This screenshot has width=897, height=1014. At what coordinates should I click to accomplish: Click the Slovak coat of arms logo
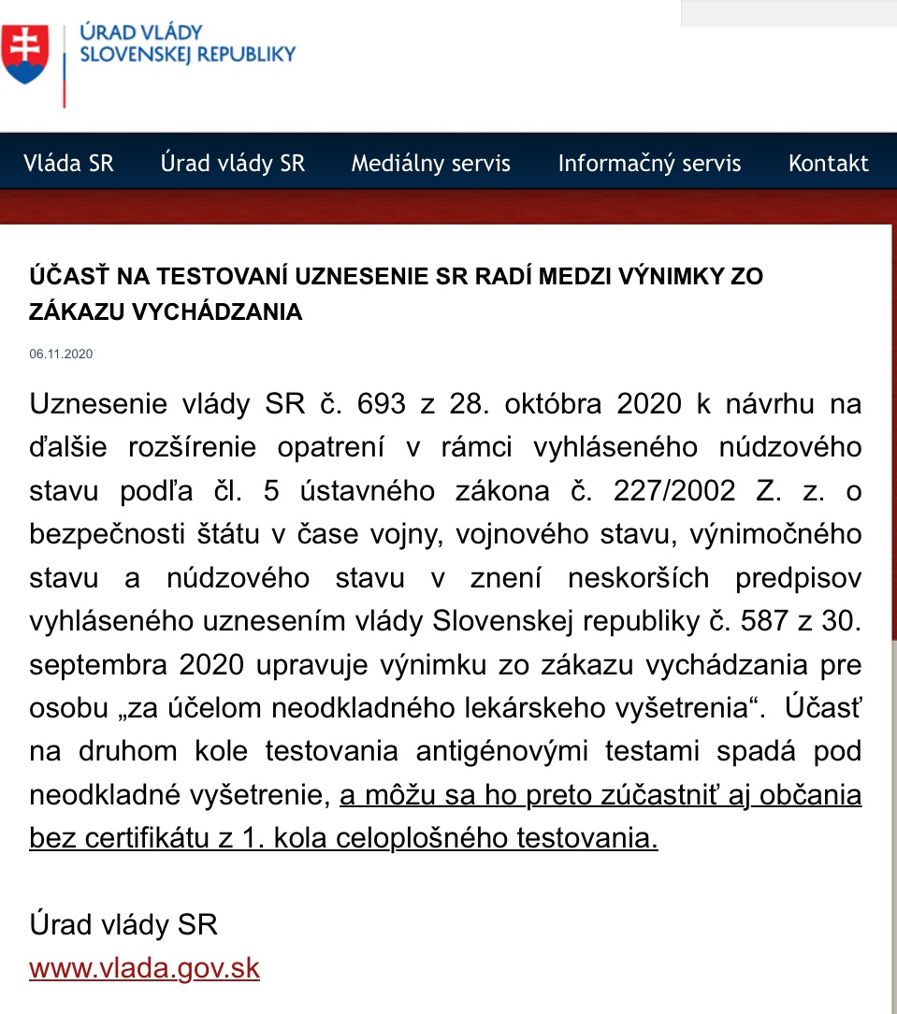[x=25, y=53]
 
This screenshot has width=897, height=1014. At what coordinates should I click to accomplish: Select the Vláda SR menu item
[x=68, y=164]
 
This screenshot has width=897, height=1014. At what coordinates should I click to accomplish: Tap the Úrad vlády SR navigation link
[x=233, y=164]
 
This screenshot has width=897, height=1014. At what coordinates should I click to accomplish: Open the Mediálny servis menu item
[x=431, y=164]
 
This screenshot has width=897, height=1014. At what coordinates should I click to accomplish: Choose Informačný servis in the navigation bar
[x=649, y=164]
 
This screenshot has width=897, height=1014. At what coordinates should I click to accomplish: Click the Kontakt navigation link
[x=829, y=164]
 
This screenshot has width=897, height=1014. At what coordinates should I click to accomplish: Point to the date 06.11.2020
[x=61, y=355]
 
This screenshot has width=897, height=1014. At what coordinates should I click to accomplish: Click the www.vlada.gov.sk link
[x=144, y=967]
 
